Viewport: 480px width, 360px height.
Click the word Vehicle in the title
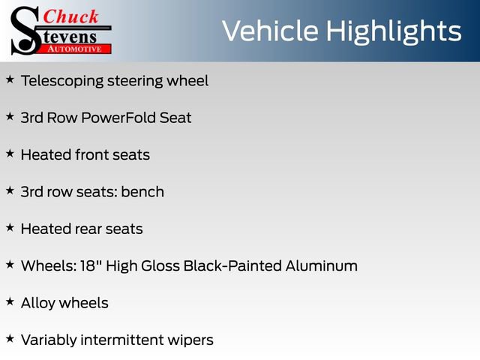tap(269, 31)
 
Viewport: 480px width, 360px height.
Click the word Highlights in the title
tap(394, 31)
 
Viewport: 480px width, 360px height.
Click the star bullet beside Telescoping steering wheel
tap(10, 79)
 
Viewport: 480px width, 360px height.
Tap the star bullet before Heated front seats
tap(10, 152)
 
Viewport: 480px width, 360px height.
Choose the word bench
tap(142, 191)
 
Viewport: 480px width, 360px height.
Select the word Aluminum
tap(322, 265)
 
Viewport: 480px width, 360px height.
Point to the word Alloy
tap(38, 303)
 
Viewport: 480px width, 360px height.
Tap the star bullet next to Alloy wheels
tap(10, 301)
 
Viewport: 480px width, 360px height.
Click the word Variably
tap(49, 340)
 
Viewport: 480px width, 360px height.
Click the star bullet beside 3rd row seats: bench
tap(10, 190)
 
